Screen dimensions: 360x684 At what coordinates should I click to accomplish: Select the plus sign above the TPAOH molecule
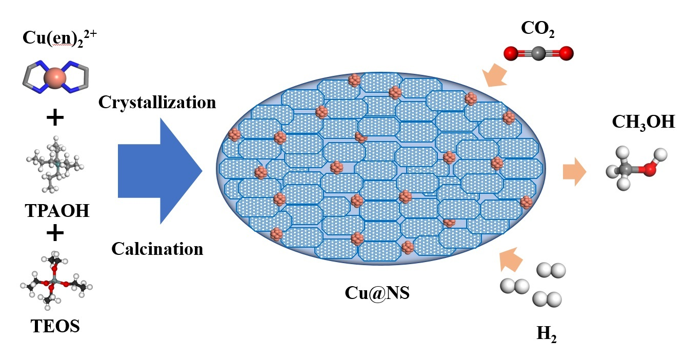[55, 118]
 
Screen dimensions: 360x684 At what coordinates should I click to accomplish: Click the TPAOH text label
[57, 210]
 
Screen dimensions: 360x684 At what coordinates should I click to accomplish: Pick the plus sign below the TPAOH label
[55, 233]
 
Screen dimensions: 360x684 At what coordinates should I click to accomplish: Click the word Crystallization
[157, 102]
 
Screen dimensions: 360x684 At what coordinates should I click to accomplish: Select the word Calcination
[157, 249]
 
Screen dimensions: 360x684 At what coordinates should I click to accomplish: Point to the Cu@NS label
[377, 295]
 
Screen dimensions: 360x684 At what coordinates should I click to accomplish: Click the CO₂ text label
[538, 30]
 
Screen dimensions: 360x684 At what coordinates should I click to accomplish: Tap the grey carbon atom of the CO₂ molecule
[538, 52]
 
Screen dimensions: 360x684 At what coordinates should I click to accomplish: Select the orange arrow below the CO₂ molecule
[495, 75]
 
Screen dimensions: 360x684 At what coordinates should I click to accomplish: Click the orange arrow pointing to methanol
[574, 171]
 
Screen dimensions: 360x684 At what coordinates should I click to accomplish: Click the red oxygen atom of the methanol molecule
[650, 169]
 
